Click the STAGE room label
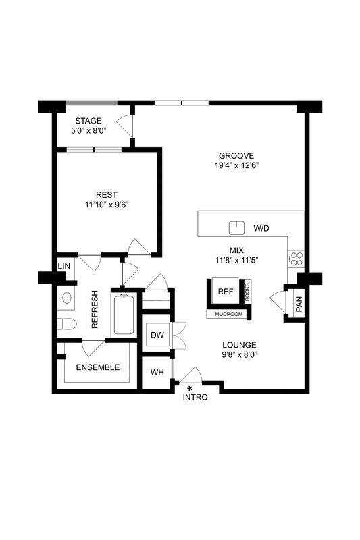pos(88,121)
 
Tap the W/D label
pos(261,229)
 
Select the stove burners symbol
pos(296,256)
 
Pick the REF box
pos(225,292)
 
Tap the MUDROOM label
pos(229,314)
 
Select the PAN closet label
pos(299,304)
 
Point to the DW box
pos(158,335)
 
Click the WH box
pos(157,372)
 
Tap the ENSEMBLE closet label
pos(97,367)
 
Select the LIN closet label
pos(64,266)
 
